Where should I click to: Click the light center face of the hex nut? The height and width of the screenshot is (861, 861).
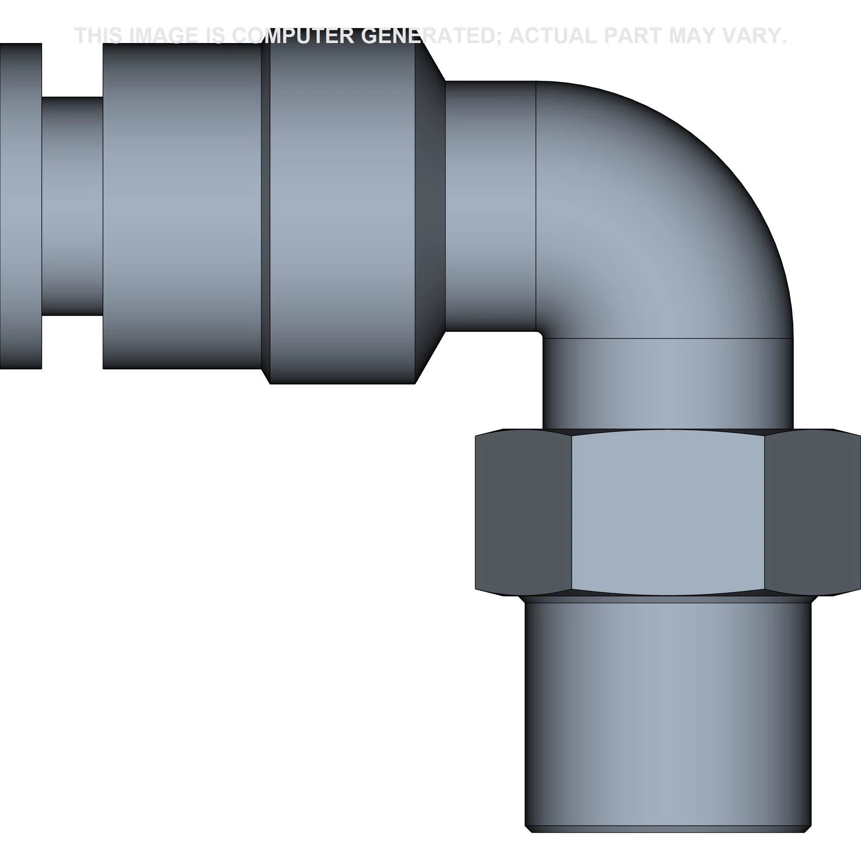(668, 512)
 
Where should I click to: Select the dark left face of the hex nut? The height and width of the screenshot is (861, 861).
(523, 512)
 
